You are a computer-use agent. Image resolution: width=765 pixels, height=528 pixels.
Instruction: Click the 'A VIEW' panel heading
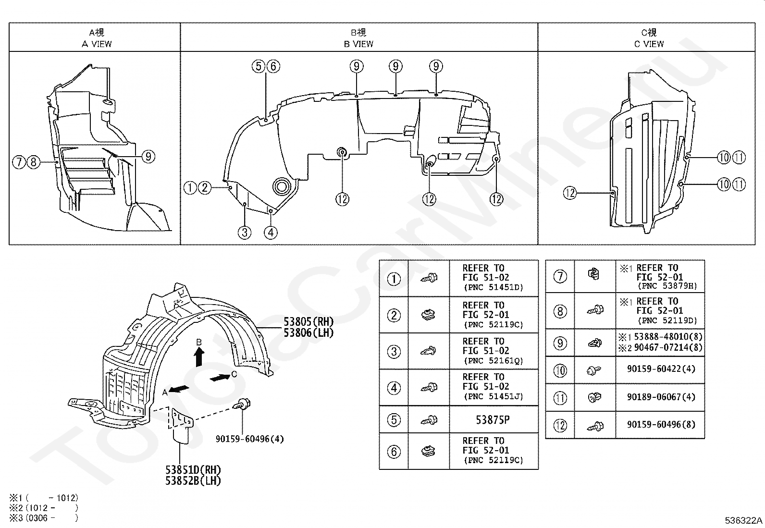pos(97,44)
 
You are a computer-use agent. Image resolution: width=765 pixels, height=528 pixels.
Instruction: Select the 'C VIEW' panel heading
pos(649,44)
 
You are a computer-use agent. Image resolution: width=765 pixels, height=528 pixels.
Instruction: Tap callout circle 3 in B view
pos(245,233)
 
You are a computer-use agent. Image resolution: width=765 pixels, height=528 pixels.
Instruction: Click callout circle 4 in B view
pos(271,233)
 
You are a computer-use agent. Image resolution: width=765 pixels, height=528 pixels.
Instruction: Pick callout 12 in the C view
pos(569,193)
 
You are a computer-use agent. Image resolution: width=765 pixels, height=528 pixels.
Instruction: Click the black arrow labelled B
pos(199,357)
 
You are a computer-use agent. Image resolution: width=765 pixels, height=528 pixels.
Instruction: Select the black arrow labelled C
pos(220,378)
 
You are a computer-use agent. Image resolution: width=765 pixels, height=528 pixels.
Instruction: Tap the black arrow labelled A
pos(179,389)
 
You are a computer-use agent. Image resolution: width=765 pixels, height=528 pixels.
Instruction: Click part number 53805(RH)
pos(308,322)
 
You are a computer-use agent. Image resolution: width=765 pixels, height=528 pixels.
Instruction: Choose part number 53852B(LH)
pos(193,480)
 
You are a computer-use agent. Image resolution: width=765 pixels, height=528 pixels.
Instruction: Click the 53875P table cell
pos(493,420)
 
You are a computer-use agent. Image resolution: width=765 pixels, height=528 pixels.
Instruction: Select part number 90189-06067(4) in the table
pos(661,397)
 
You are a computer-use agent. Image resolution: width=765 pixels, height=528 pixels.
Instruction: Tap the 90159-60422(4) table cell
pos(661,369)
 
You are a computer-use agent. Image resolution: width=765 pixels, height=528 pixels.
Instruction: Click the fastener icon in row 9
pos(594,343)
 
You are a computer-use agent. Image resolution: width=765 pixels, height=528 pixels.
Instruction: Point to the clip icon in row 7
pos(594,273)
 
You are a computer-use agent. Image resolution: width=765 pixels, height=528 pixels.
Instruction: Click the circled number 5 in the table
pos(394,420)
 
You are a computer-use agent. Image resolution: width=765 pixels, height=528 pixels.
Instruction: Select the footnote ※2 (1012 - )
pos(44,508)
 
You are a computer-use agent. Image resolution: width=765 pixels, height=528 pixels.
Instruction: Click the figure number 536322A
pos(743,520)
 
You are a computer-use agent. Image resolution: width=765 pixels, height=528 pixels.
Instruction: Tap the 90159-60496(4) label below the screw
pos(250,439)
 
